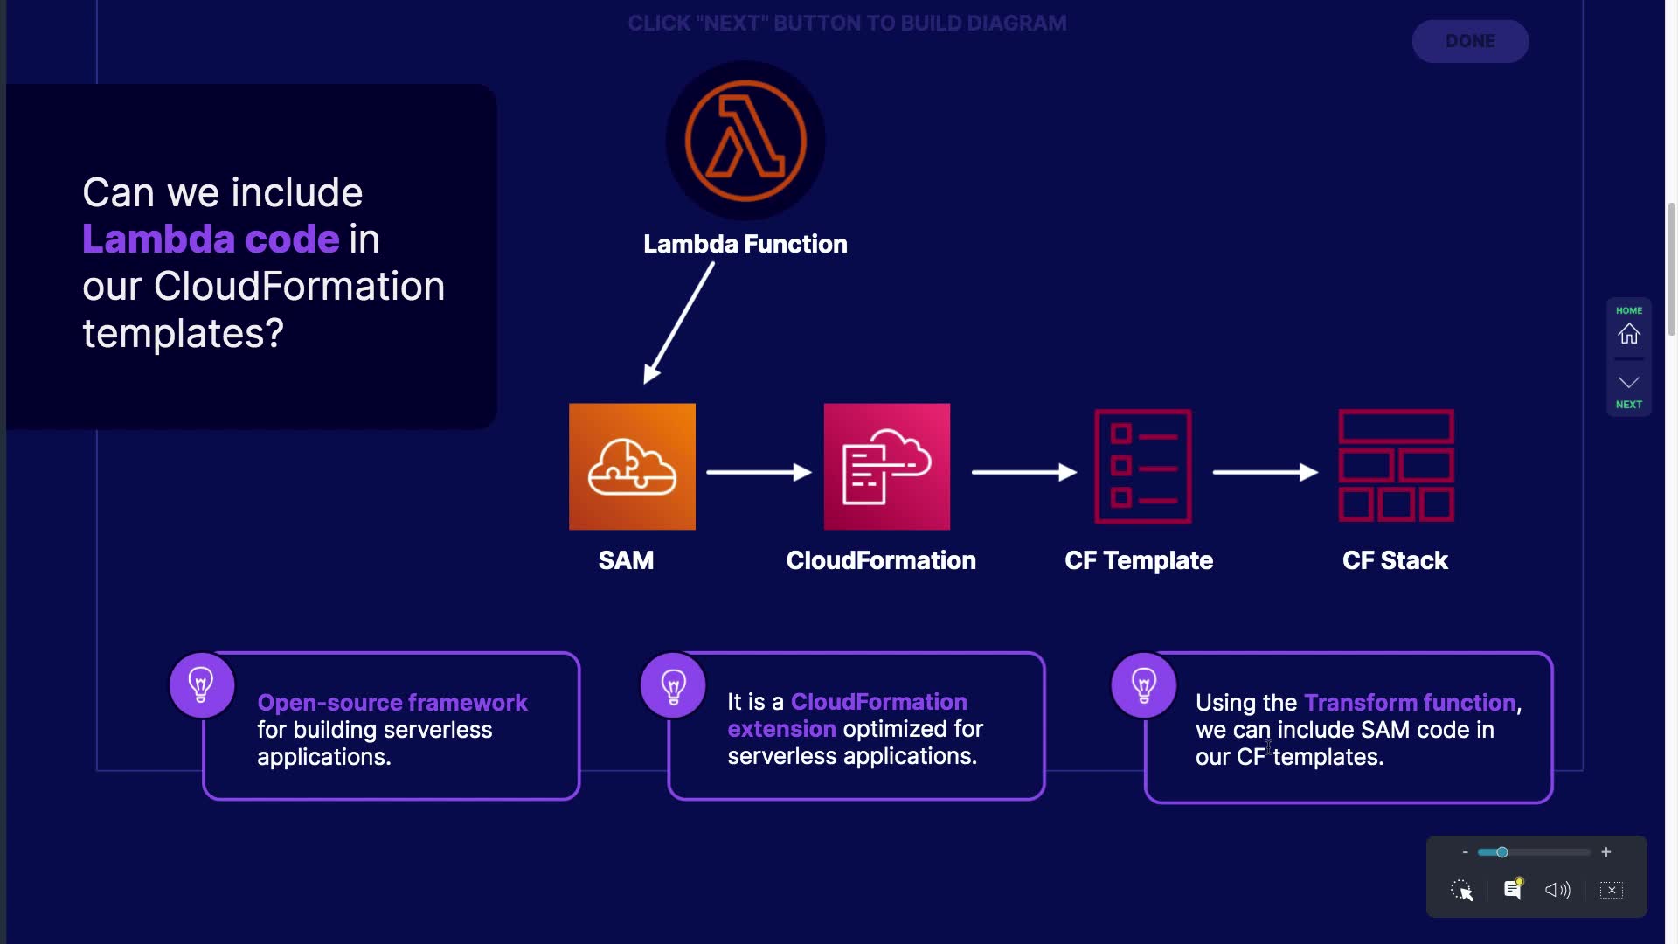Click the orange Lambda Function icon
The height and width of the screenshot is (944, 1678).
(745, 140)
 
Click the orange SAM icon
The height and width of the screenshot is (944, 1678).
(632, 466)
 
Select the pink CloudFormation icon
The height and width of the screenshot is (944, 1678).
(886, 466)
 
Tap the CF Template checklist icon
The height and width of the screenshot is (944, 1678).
(1142, 466)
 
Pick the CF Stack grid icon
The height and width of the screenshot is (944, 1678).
(1396, 466)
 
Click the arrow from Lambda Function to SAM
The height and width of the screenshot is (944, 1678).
(679, 323)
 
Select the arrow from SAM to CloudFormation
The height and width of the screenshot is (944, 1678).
(758, 472)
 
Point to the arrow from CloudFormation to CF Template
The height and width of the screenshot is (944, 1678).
(1023, 472)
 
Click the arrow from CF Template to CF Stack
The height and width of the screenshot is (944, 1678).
(1265, 472)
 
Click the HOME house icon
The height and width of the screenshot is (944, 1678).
(1628, 334)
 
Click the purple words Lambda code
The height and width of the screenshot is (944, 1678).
(211, 239)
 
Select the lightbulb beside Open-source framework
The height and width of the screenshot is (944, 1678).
(201, 685)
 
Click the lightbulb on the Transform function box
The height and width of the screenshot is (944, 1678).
(1143, 685)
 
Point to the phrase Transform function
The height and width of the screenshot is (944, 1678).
(1410, 703)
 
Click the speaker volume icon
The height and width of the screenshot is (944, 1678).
(1557, 890)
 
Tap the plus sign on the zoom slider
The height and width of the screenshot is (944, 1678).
(1605, 852)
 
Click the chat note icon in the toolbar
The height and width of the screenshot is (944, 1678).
(1512, 890)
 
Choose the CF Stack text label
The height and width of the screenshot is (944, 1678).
(1395, 560)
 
